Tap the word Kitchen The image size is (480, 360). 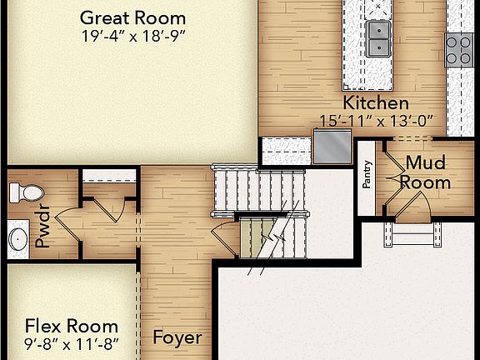pyautogui.click(x=377, y=103)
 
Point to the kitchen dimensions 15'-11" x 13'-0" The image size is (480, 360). pyautogui.click(x=377, y=121)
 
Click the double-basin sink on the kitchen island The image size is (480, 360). pyautogui.click(x=378, y=33)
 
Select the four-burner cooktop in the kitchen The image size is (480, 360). pyautogui.click(x=459, y=49)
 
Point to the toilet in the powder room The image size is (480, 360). pyautogui.click(x=25, y=193)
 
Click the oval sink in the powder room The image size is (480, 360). pyautogui.click(x=18, y=238)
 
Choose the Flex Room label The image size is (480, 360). pyautogui.click(x=71, y=326)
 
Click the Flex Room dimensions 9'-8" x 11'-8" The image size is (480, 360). pyautogui.click(x=71, y=343)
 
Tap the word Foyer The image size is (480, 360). pyautogui.click(x=177, y=337)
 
